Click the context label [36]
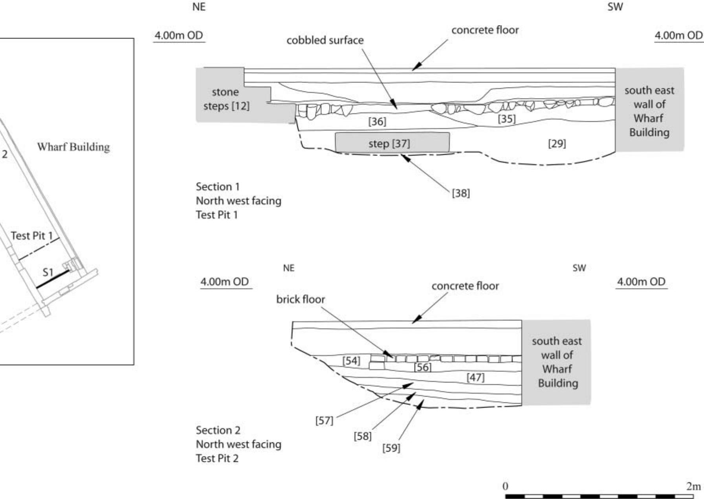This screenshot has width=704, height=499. [377, 121]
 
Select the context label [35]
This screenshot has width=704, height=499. [506, 118]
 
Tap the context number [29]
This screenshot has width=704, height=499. [557, 144]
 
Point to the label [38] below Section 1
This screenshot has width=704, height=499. [460, 193]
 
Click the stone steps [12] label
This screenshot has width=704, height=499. [226, 99]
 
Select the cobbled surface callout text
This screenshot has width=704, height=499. [325, 40]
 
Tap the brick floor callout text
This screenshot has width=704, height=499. [301, 299]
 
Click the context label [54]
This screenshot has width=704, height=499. [351, 361]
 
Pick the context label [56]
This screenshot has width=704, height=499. [422, 367]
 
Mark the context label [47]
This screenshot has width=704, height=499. [475, 377]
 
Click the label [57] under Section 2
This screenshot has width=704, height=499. [324, 421]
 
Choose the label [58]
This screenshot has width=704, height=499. [362, 436]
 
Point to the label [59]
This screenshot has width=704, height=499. [391, 448]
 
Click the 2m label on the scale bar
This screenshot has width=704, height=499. [693, 486]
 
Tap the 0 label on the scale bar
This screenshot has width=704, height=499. [505, 486]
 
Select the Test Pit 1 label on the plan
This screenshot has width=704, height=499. [31, 235]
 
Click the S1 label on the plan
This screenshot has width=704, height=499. [48, 272]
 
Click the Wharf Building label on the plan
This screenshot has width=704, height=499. [73, 147]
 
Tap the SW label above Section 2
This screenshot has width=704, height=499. [579, 268]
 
